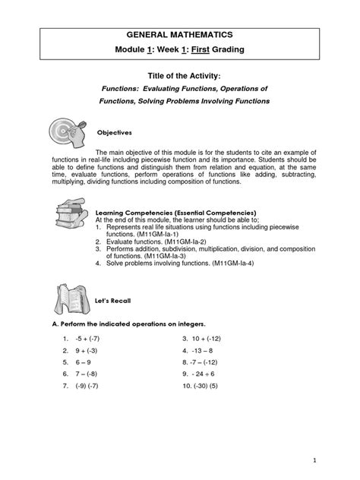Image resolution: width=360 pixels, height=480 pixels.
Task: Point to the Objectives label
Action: point(109,133)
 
